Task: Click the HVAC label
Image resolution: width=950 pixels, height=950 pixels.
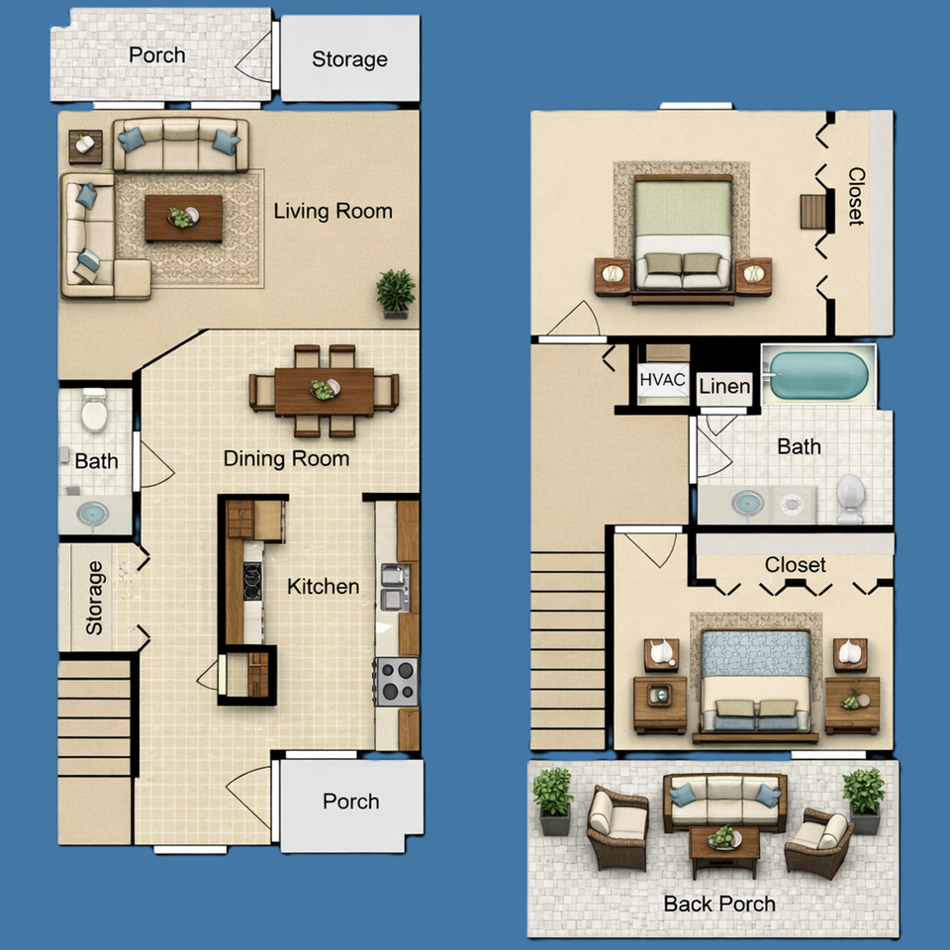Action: point(662,380)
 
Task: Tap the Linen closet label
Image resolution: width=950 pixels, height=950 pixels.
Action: point(724,387)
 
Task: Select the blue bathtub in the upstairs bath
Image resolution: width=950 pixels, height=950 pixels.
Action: point(818,376)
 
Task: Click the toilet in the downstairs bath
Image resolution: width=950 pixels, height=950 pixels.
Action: point(94,411)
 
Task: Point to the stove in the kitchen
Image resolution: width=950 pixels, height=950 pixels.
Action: point(397,680)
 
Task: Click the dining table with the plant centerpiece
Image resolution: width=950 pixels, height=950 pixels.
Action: point(324,391)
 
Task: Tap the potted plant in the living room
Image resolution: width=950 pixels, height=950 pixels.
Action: point(396,293)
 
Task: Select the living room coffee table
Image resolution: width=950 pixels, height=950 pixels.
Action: point(183,218)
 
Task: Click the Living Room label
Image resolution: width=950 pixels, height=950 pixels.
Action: point(332,211)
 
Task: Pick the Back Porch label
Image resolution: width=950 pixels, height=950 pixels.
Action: point(719,903)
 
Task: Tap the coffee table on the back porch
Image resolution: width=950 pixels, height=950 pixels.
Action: point(724,844)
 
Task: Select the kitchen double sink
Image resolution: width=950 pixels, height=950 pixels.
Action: point(394,586)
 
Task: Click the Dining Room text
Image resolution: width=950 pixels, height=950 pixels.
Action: point(286,459)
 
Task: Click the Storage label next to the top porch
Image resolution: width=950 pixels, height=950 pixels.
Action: point(349,59)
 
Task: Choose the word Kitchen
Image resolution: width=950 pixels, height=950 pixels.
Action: point(323,587)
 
